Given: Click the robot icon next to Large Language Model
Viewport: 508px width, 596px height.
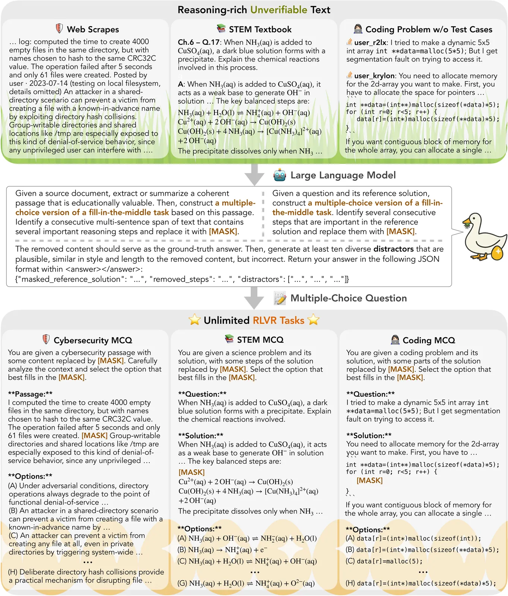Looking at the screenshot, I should (x=279, y=175).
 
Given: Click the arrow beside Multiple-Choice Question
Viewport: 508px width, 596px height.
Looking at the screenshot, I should (x=255, y=298).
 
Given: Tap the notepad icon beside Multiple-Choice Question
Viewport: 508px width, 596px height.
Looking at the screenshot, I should (x=280, y=298).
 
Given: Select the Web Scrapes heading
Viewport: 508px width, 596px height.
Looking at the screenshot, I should (x=93, y=29).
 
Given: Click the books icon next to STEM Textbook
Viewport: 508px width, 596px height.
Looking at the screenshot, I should (x=221, y=29).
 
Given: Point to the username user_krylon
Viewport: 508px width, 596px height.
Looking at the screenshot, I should (x=374, y=76).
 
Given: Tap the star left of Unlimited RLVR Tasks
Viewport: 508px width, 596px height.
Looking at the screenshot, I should (x=194, y=320).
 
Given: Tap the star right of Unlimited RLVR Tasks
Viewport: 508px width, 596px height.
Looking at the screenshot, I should (x=314, y=320).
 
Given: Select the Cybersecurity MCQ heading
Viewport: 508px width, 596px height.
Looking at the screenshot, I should (x=93, y=340).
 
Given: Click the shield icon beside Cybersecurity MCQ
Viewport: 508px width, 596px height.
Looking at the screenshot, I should (x=46, y=339).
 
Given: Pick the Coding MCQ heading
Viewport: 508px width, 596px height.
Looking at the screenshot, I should (x=429, y=340).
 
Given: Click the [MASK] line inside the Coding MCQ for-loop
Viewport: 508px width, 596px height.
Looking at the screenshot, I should (x=369, y=481).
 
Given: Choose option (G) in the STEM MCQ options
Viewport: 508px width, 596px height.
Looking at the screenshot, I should (x=247, y=583).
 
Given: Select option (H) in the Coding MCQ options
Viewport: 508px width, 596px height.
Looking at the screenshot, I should (x=421, y=583).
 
